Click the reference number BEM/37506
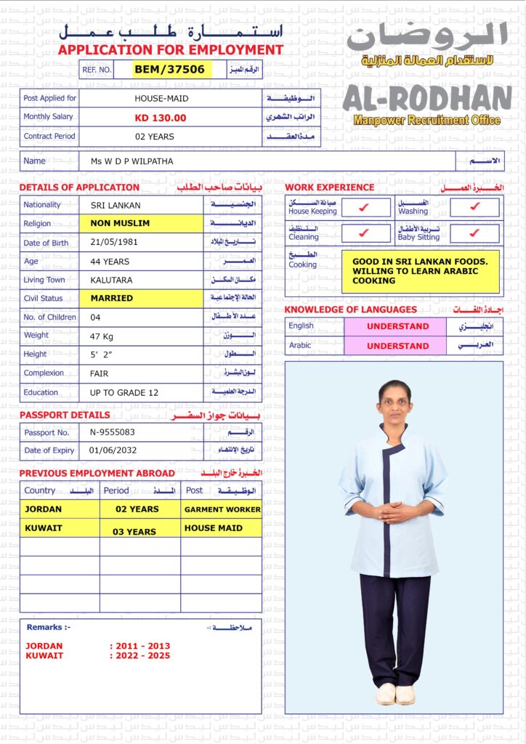tap(173, 69)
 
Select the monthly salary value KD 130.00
tap(161, 118)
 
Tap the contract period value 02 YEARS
tap(155, 137)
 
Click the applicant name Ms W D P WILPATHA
tap(132, 161)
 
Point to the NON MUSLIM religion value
tap(121, 224)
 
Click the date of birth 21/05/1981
tap(113, 243)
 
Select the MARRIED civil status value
tap(112, 298)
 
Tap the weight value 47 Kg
tap(102, 336)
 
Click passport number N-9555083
tap(113, 432)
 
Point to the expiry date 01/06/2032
tap(113, 450)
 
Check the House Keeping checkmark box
tap(365, 208)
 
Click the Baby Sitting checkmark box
tap(474, 233)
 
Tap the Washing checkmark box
tap(474, 207)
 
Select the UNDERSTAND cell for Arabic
tap(397, 346)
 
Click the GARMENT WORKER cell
tap(222, 509)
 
